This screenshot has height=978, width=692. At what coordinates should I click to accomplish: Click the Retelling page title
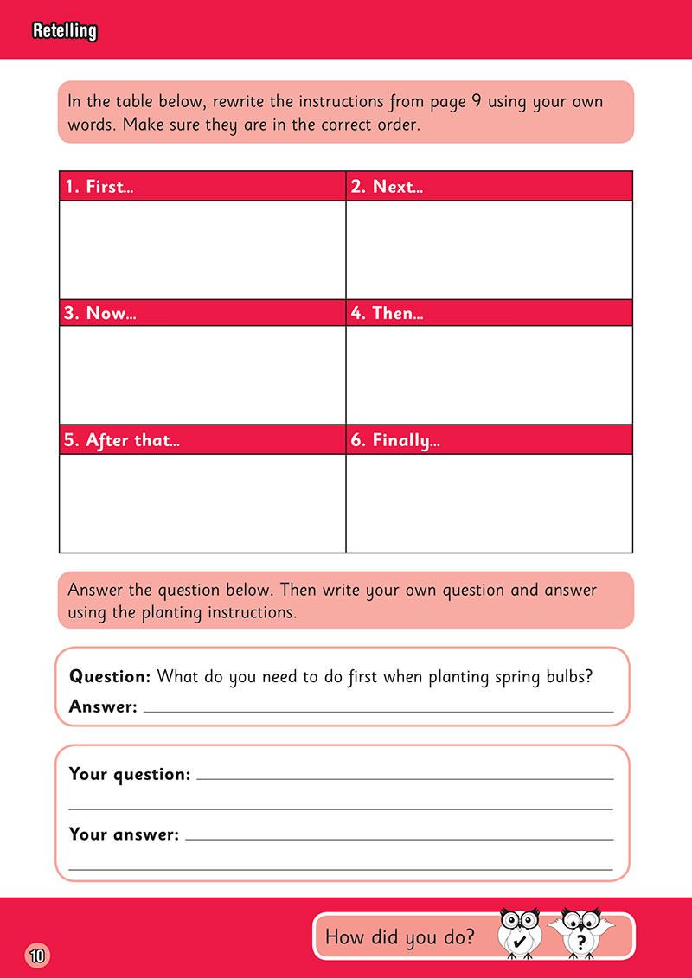pos(64,32)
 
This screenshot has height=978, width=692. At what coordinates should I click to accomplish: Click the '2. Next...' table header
pos(387,187)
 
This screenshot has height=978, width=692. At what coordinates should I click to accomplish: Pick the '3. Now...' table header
pos(100,313)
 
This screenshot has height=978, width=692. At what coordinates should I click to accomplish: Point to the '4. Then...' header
pos(387,313)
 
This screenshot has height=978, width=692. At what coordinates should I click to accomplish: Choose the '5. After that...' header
pos(122,440)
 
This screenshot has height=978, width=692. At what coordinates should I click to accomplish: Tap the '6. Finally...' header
pos(395,440)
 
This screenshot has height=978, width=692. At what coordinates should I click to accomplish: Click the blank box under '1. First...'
pos(202,249)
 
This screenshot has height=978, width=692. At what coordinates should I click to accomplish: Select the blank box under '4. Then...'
pos(489,375)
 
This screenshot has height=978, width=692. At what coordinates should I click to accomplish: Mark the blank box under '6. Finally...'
pos(489,502)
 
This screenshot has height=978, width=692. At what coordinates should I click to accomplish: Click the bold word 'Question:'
pos(110,676)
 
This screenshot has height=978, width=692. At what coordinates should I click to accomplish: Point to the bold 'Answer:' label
pos(103,707)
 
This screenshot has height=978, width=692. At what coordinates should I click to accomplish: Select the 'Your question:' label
pos(129,774)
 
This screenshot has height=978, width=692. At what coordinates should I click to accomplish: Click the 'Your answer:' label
pos(124,834)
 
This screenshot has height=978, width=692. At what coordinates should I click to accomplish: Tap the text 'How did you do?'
pos(399,936)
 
